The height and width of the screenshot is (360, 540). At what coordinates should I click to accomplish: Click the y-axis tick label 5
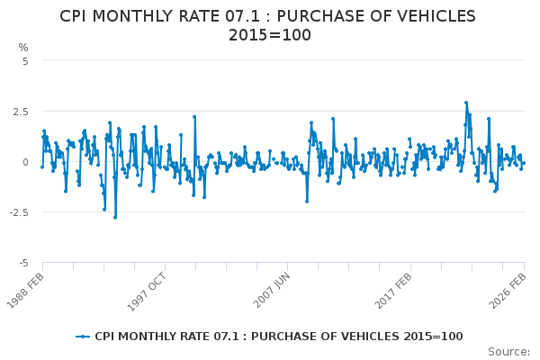tap(25, 61)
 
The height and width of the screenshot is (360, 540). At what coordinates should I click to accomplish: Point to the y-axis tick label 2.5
tap(20, 112)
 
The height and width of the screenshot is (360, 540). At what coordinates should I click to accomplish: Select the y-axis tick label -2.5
tap(18, 212)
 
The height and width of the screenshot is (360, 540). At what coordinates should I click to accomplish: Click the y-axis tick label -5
tap(23, 263)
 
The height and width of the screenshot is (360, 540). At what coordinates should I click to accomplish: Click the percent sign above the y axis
tap(23, 48)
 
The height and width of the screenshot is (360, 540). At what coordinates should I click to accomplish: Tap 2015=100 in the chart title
tap(270, 36)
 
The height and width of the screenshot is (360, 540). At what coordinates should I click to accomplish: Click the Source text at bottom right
tap(509, 352)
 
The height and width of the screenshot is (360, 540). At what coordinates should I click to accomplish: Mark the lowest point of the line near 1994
tap(114, 217)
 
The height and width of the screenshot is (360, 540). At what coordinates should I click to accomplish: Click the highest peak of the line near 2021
tap(466, 103)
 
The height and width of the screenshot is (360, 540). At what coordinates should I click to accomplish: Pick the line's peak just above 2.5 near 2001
tap(193, 116)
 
